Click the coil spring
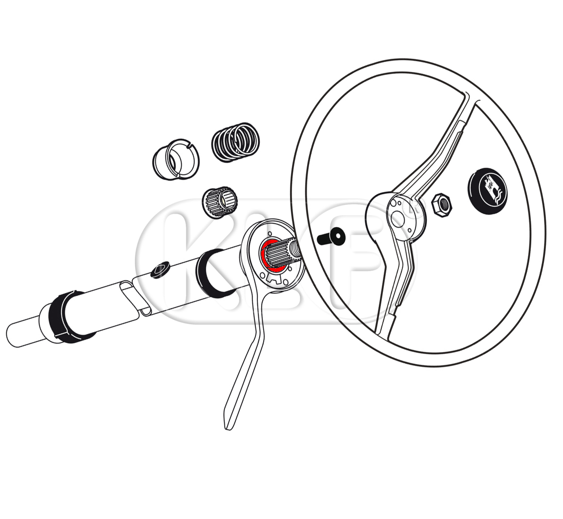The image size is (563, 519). [x=235, y=142]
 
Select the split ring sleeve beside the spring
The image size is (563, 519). [x=176, y=158]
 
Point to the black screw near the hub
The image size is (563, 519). [x=331, y=237]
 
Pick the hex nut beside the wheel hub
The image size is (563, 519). [x=441, y=204]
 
